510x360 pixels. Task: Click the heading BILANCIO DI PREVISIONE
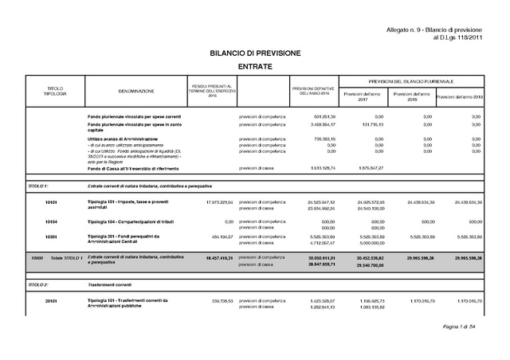click(255, 52)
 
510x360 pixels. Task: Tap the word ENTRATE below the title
click(255, 67)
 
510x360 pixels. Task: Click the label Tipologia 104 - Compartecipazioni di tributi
click(135, 220)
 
